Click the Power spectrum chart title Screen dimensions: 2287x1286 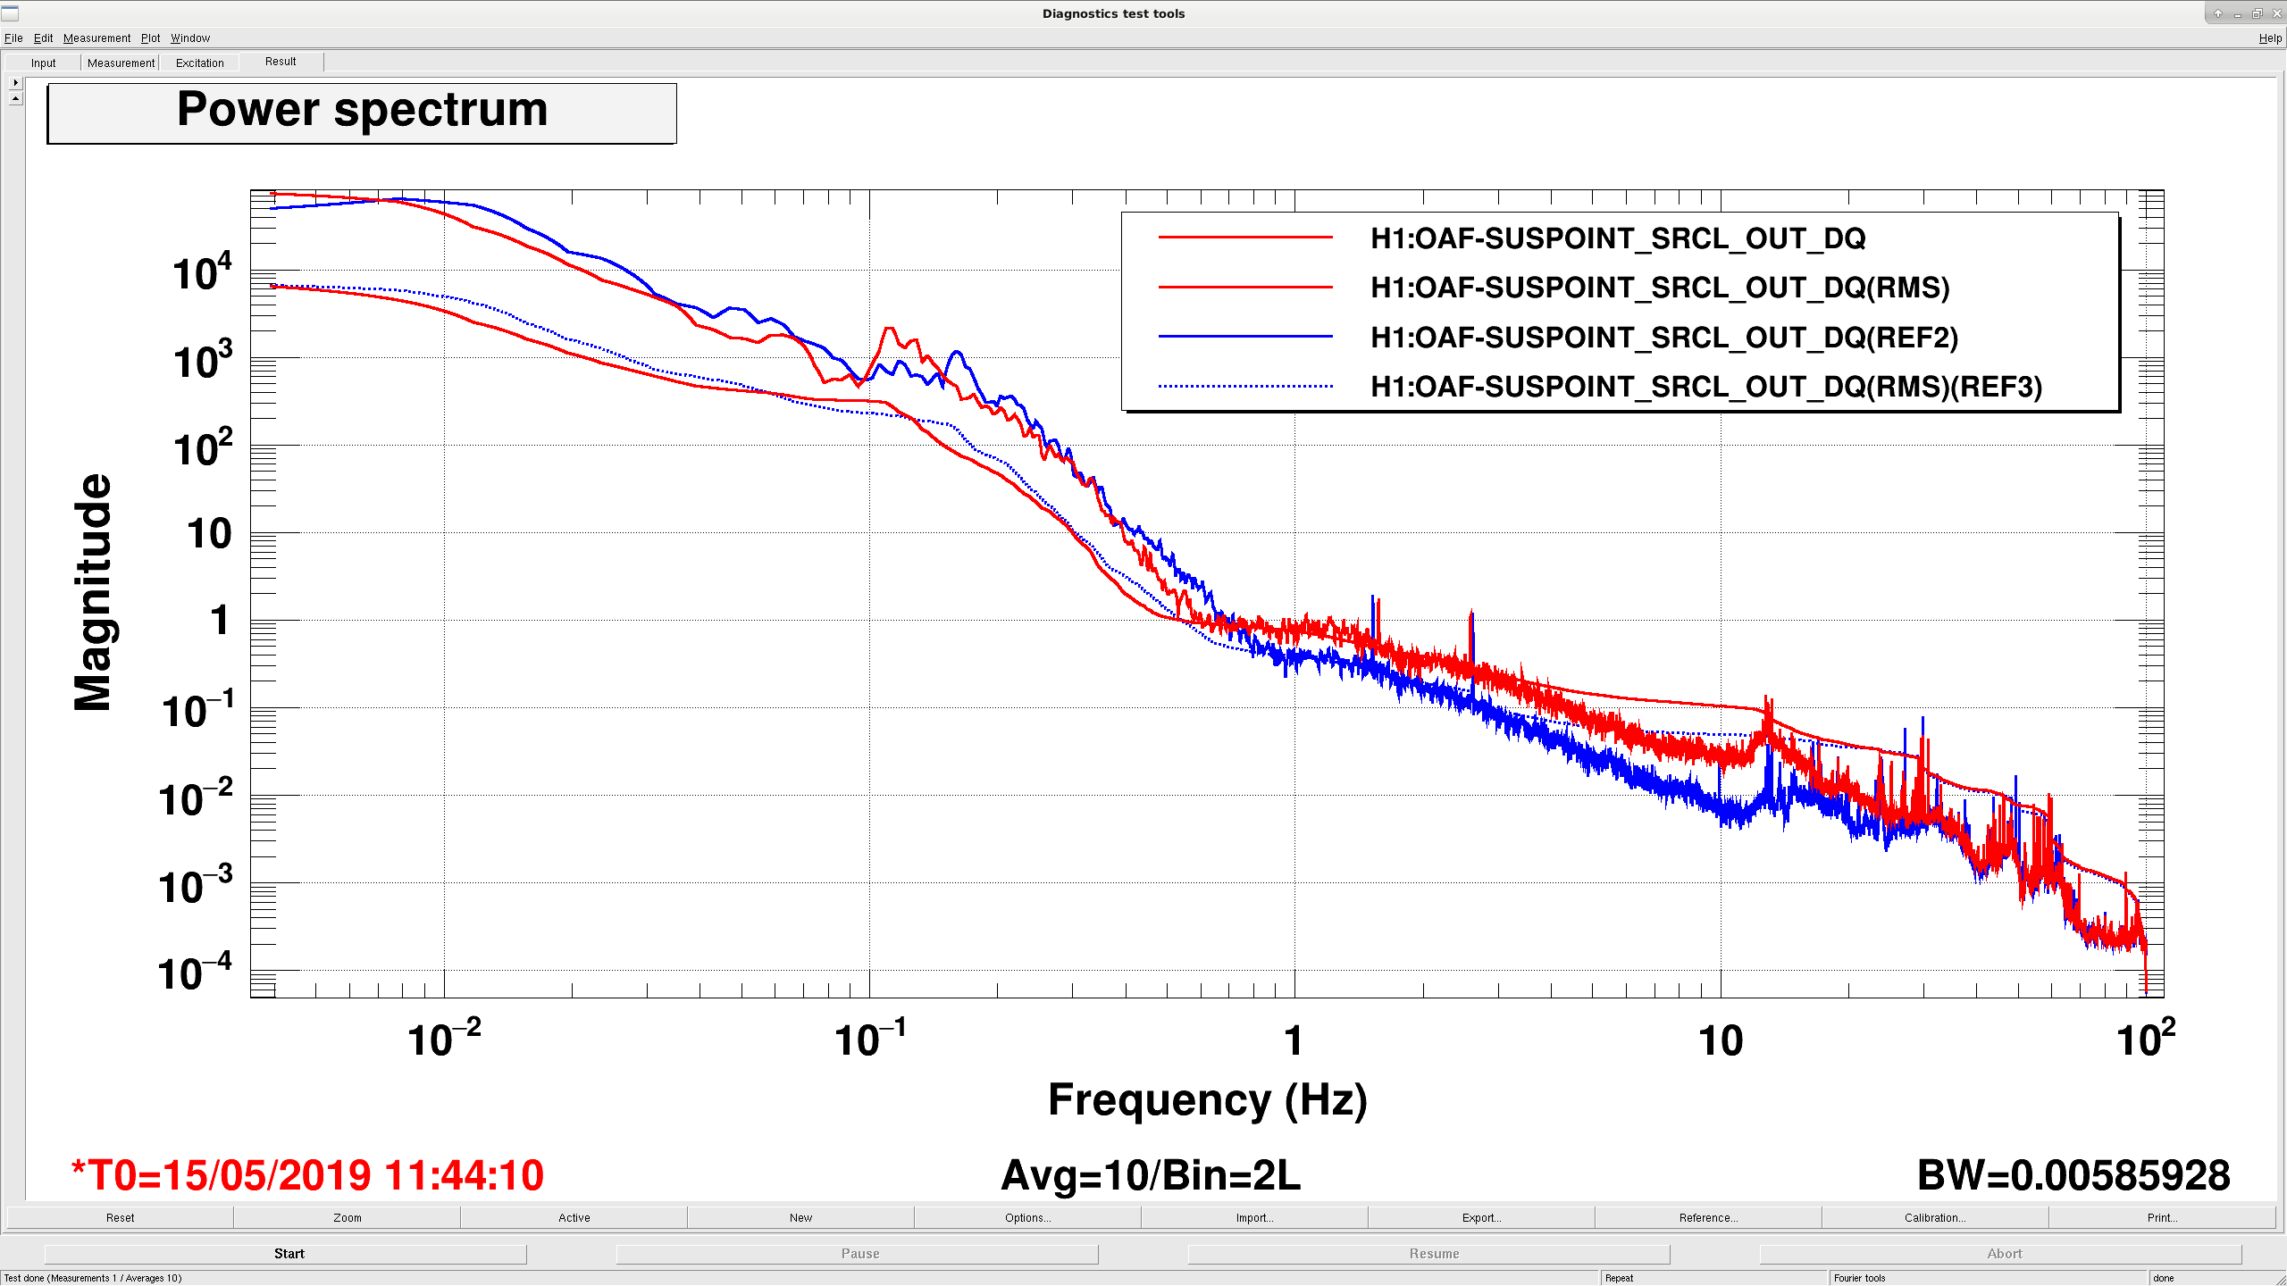[x=362, y=111]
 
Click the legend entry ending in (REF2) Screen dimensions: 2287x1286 [x=1664, y=338]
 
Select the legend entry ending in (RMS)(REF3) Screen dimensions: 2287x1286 [x=1706, y=387]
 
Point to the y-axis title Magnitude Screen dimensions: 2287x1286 [x=93, y=592]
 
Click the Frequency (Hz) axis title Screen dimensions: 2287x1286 [x=1207, y=1100]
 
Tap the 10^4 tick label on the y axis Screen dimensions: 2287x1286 [x=203, y=272]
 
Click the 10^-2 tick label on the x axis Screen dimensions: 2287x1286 [x=444, y=1039]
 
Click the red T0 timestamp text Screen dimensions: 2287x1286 [x=307, y=1175]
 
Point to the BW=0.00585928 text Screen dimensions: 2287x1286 [x=2073, y=1175]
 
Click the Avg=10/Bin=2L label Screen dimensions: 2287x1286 [x=1151, y=1175]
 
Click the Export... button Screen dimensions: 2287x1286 [x=1481, y=1217]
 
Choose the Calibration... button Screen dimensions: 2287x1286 [x=1935, y=1217]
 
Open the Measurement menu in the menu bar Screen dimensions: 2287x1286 [x=96, y=38]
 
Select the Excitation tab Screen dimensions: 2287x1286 [x=200, y=63]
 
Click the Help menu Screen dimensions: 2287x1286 [x=2270, y=38]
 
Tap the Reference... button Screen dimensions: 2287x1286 [x=1708, y=1217]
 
